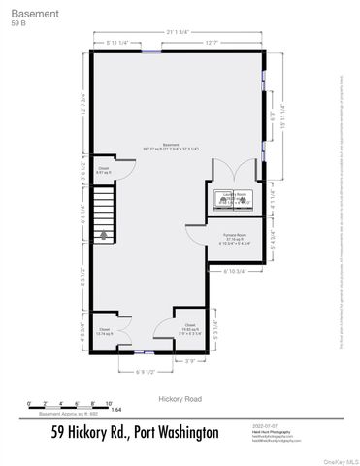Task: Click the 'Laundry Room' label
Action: (237, 195)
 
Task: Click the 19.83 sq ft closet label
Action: (190, 326)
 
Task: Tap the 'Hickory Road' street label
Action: (179, 398)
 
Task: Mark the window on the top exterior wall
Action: (151, 51)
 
